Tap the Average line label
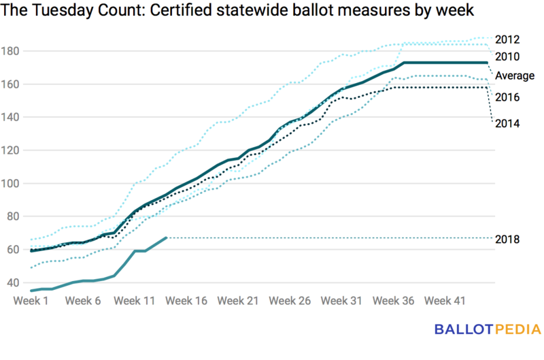[514, 76]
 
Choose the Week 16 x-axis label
[187, 300]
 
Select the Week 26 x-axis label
[290, 300]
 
